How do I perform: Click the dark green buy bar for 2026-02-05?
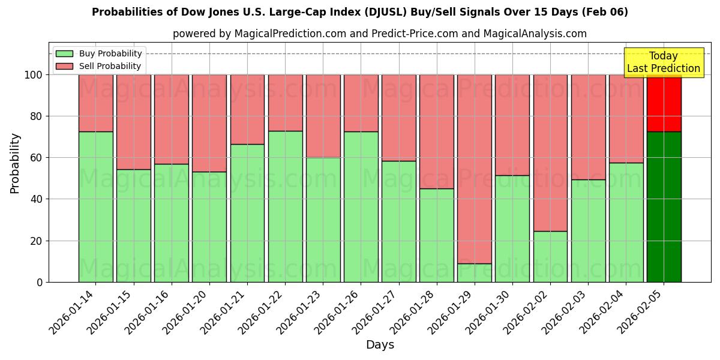[664, 207]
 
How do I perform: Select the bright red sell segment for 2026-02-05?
[664, 103]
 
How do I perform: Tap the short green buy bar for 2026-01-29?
[474, 272]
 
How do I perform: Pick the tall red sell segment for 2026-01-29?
[474, 169]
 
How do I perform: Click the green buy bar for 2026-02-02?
[550, 256]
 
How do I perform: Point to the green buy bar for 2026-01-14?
[95, 207]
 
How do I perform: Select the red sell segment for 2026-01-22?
[285, 103]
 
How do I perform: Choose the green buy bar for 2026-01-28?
[436, 235]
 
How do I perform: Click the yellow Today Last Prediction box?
[663, 62]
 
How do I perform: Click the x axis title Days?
[380, 345]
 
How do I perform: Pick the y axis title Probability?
[15, 163]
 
